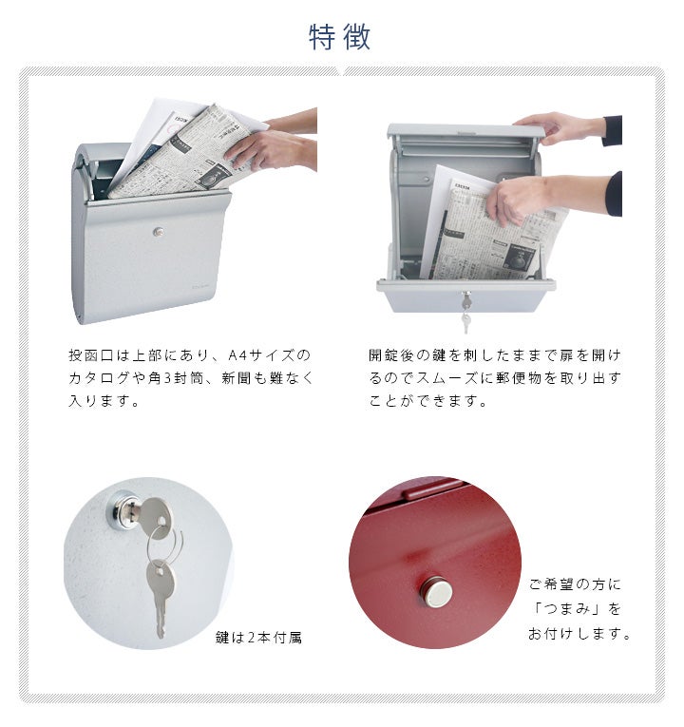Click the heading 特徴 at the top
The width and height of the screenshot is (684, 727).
tap(340, 37)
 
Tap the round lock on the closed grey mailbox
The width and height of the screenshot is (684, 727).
tap(159, 231)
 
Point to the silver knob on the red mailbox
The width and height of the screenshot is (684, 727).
tap(436, 592)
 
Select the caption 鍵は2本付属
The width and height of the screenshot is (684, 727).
tap(258, 638)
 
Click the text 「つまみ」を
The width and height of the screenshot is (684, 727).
tap(576, 608)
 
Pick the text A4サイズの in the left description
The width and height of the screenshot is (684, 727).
tap(269, 355)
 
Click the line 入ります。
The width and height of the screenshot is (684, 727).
tap(104, 401)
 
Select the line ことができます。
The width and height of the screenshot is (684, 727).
tap(427, 401)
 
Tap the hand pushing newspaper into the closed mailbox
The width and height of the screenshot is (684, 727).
tap(270, 147)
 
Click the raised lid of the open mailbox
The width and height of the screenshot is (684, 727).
tap(465, 131)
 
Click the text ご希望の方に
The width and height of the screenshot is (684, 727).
tap(575, 584)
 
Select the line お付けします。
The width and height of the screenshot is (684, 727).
tap(579, 633)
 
